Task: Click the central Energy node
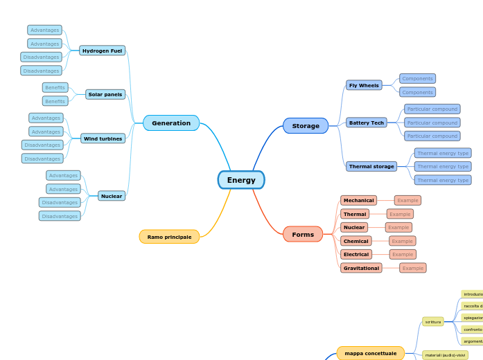(241, 180)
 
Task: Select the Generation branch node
(171, 123)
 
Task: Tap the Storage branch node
(306, 126)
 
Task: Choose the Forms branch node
(303, 235)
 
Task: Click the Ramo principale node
(169, 237)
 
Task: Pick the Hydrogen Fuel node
(103, 51)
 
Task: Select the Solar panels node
(105, 94)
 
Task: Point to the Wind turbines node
(103, 138)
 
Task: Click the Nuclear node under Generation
(112, 196)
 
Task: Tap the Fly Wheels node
(364, 85)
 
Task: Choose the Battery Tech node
(367, 123)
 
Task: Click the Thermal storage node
(371, 167)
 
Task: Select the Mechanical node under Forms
(359, 200)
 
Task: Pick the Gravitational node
(361, 268)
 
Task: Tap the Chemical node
(356, 241)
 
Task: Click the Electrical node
(356, 254)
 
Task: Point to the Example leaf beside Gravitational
(413, 268)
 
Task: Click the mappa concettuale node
(371, 353)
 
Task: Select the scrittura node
(433, 322)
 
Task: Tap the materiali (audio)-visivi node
(446, 355)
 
